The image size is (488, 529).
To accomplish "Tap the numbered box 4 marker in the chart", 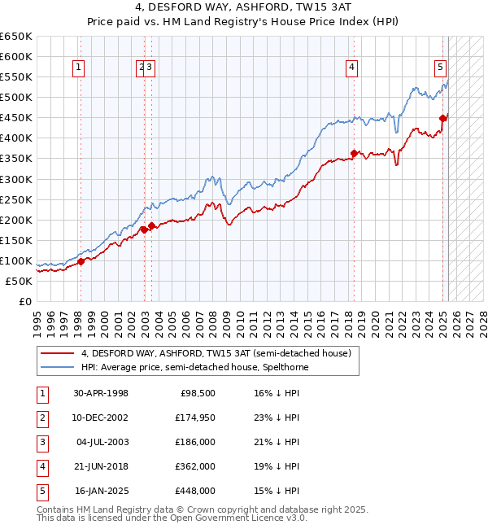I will [352, 68].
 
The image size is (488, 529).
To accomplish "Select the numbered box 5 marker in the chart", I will [440, 68].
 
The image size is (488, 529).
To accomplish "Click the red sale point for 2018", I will [354, 153].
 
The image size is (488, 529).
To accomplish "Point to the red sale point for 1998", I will [81, 261].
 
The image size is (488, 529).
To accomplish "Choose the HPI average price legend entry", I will [194, 367].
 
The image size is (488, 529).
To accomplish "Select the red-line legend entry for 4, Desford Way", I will [216, 354].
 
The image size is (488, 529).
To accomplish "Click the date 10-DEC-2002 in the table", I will [101, 418].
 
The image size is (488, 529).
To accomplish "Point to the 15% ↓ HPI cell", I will [277, 491].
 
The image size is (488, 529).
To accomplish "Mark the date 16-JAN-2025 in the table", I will [101, 491].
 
